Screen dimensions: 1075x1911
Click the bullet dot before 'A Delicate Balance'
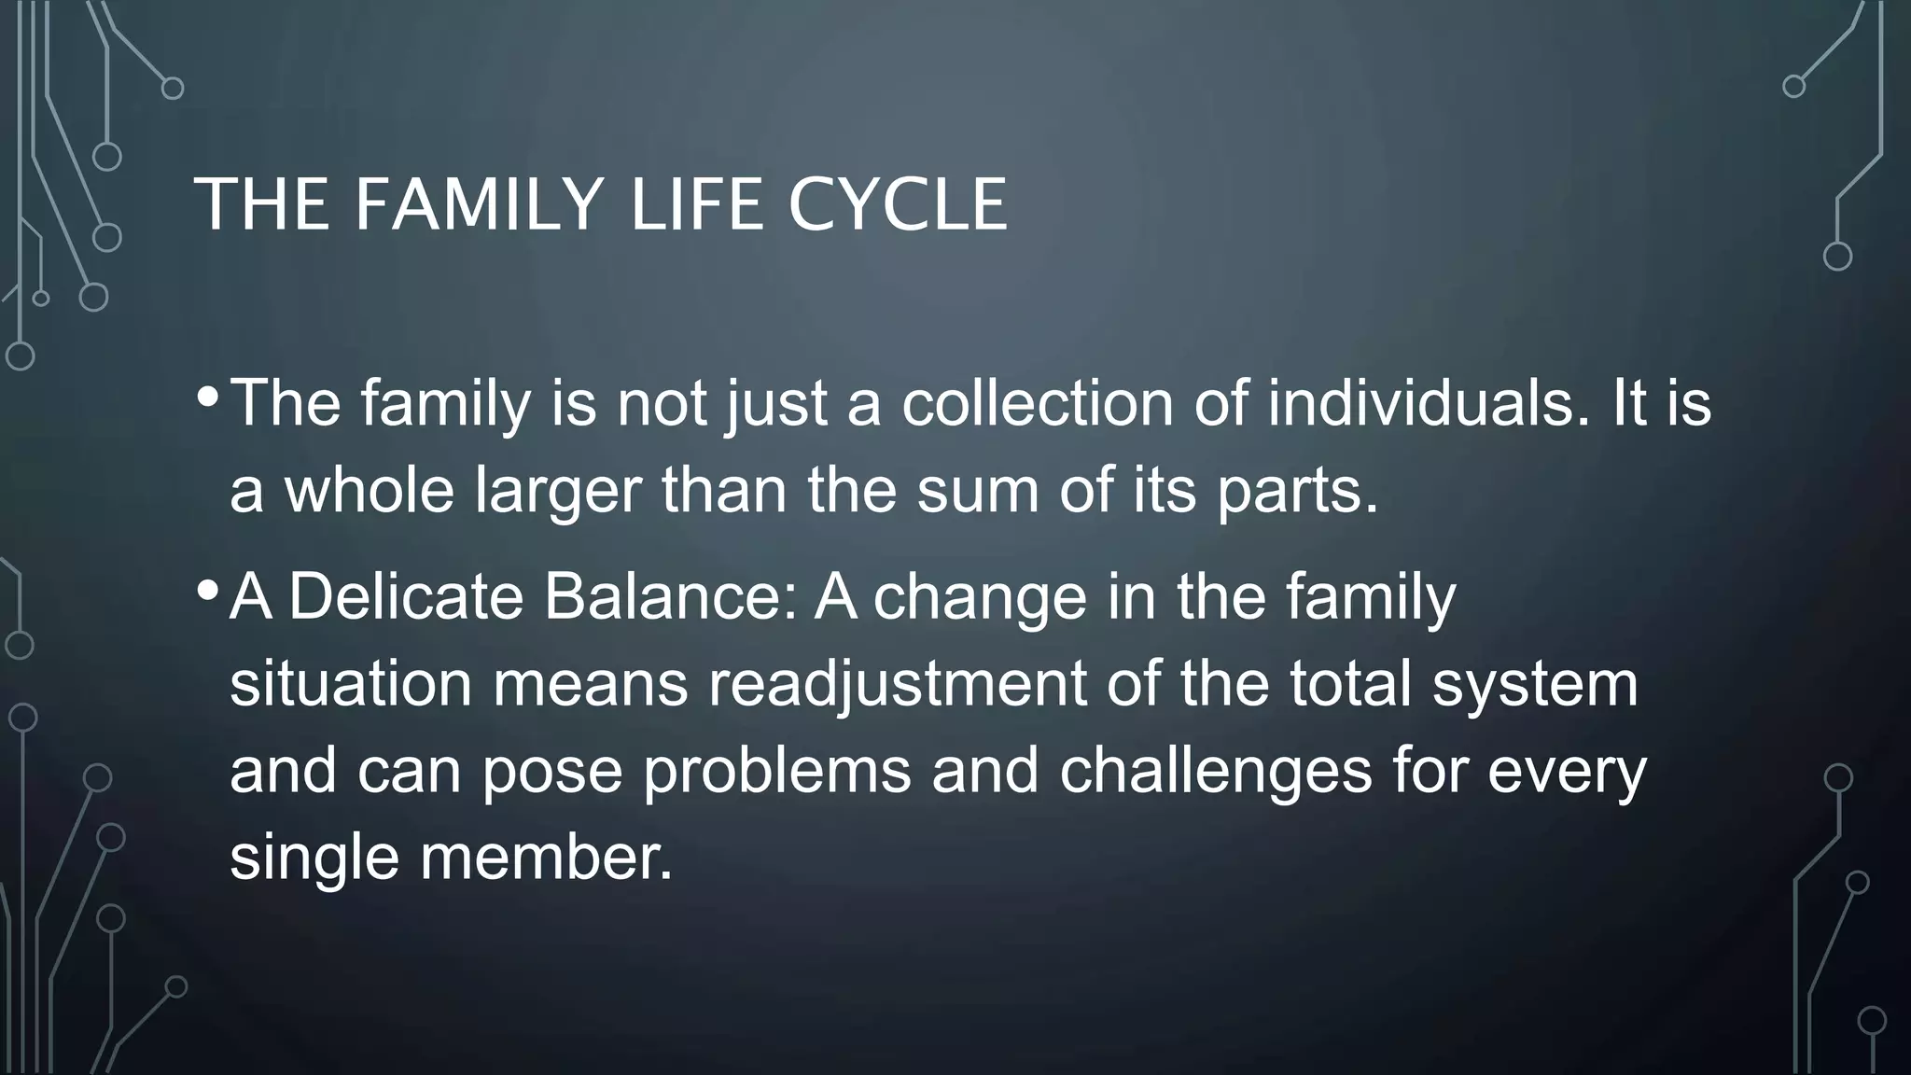tap(208, 591)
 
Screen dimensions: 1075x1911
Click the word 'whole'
tap(369, 490)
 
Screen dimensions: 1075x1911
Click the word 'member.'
tap(547, 857)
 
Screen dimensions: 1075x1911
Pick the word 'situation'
tap(351, 683)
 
